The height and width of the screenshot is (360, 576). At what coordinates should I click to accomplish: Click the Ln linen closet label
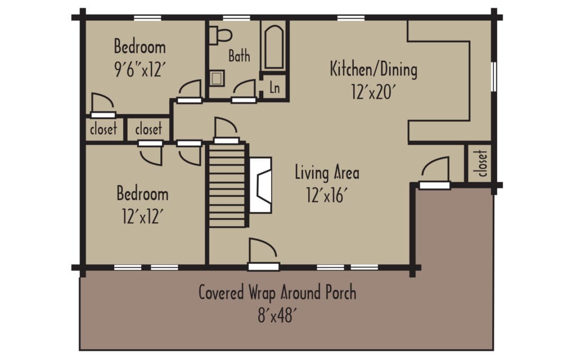[275, 88]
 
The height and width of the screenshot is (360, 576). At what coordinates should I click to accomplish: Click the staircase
[228, 184]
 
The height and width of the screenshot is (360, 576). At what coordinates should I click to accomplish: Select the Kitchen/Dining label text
[373, 70]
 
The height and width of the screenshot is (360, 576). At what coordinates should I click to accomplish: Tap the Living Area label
[327, 173]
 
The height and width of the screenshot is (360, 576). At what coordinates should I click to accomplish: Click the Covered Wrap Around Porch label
[277, 293]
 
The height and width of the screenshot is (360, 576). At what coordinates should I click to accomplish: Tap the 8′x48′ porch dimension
[277, 314]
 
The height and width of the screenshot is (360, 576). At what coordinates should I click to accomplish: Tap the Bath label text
[239, 56]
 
